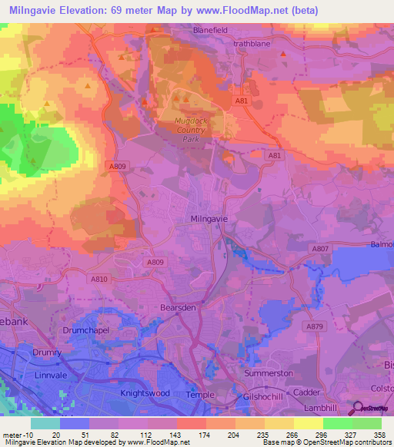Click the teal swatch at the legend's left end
(x=45, y=423)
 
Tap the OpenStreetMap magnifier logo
(x=359, y=409)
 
